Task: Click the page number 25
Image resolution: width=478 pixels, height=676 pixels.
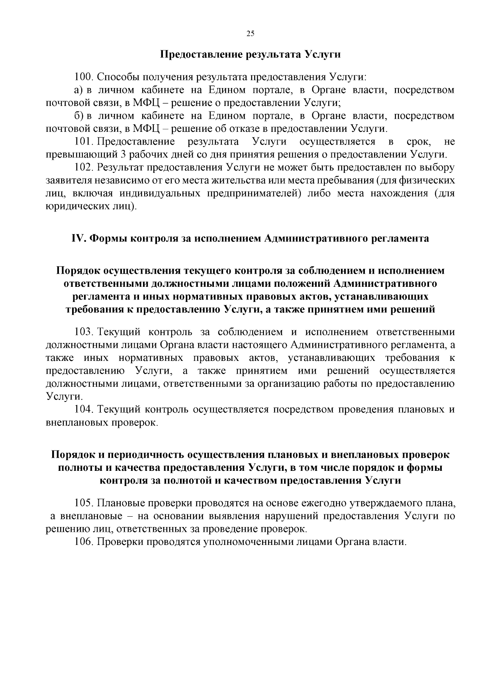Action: click(250, 33)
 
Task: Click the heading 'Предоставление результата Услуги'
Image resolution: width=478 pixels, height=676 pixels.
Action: click(250, 55)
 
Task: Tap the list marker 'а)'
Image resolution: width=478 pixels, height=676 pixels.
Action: click(78, 90)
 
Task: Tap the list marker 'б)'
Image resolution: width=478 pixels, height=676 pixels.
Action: click(78, 116)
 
